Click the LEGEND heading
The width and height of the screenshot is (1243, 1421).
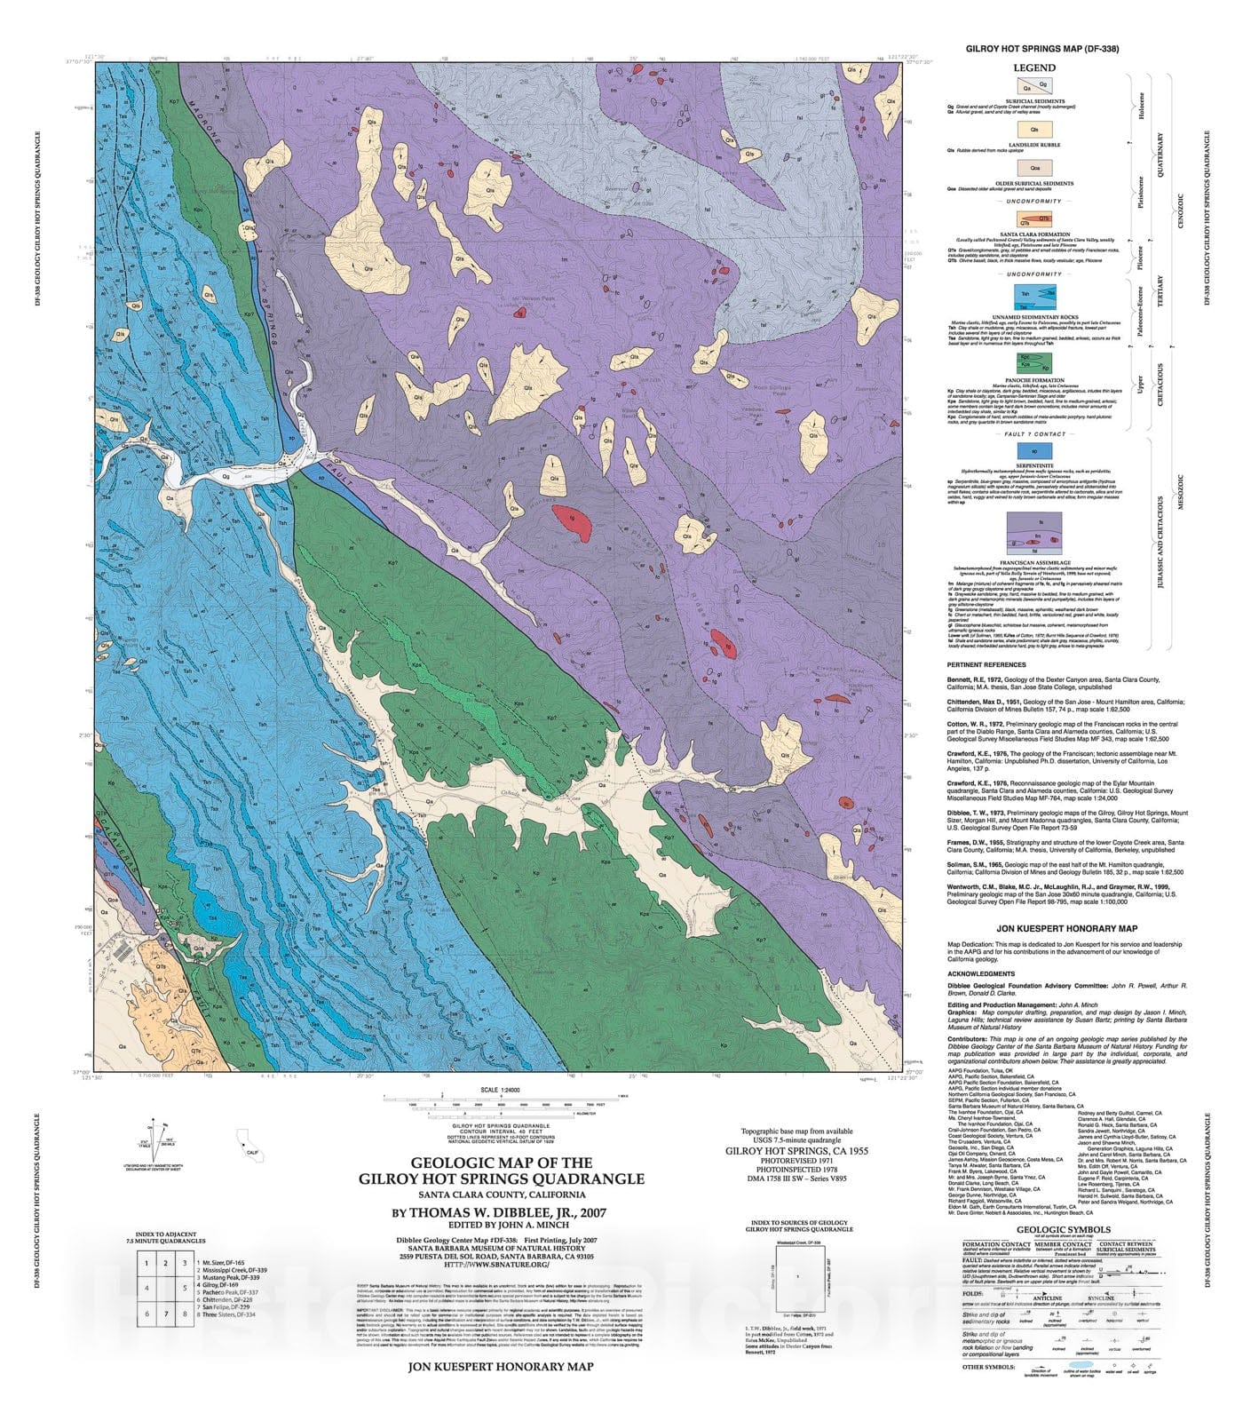[1035, 67]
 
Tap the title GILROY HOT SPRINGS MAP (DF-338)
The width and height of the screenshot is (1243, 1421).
[1035, 50]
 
